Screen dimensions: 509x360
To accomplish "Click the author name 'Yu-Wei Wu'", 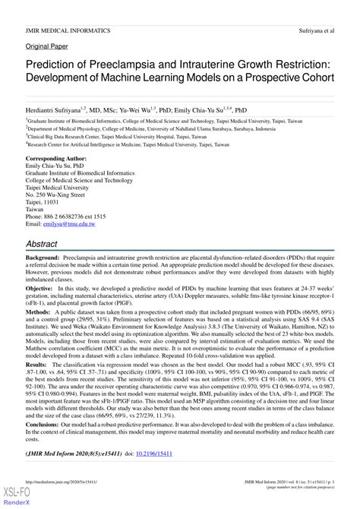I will pyautogui.click(x=152, y=110).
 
